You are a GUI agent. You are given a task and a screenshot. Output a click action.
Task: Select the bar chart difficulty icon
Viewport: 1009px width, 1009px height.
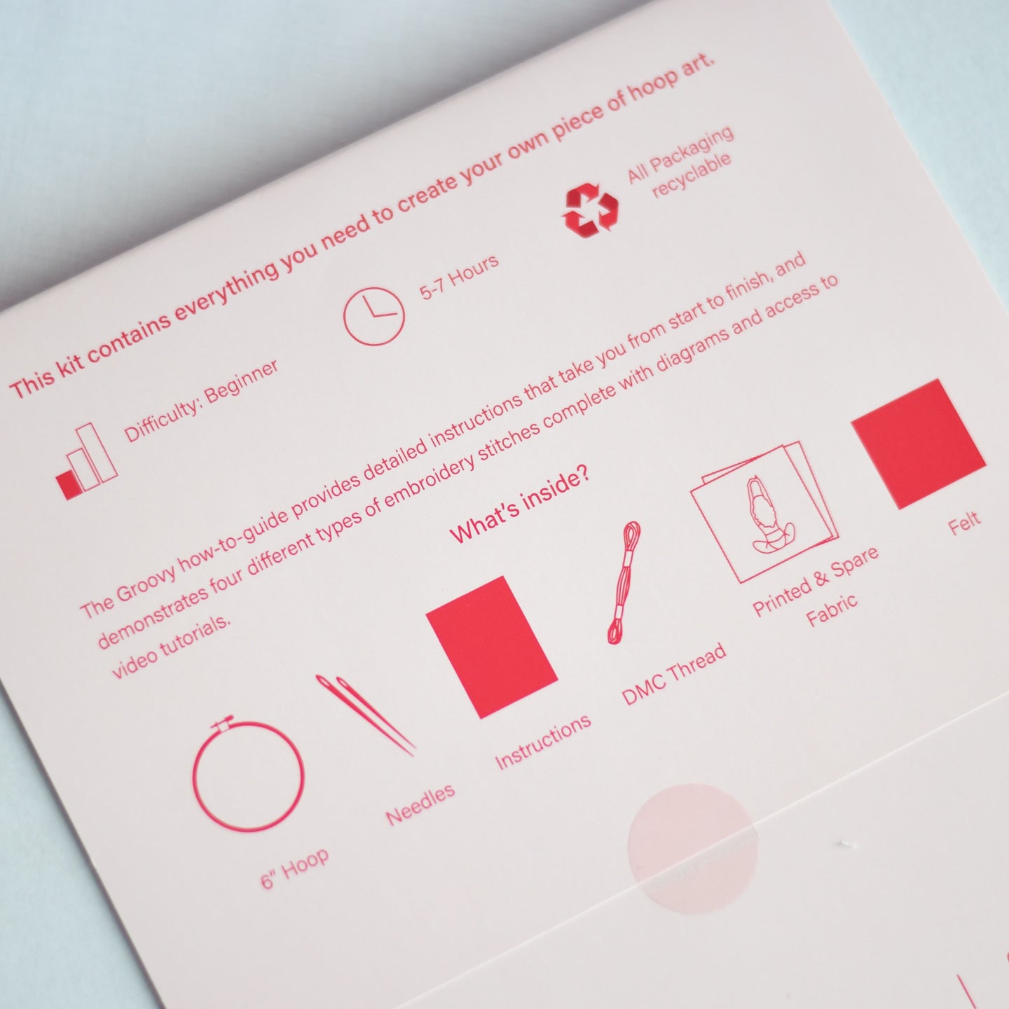click(87, 461)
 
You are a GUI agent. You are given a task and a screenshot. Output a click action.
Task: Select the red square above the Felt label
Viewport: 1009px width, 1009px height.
click(919, 444)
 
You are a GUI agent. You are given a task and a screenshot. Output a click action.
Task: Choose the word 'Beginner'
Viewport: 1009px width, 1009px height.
click(240, 382)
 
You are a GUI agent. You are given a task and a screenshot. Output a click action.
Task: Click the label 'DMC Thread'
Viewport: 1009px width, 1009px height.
click(674, 673)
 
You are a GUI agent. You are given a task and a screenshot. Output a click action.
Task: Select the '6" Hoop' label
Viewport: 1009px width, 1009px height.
click(295, 866)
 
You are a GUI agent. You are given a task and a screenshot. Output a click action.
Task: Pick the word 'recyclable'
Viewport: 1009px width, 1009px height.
click(691, 175)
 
